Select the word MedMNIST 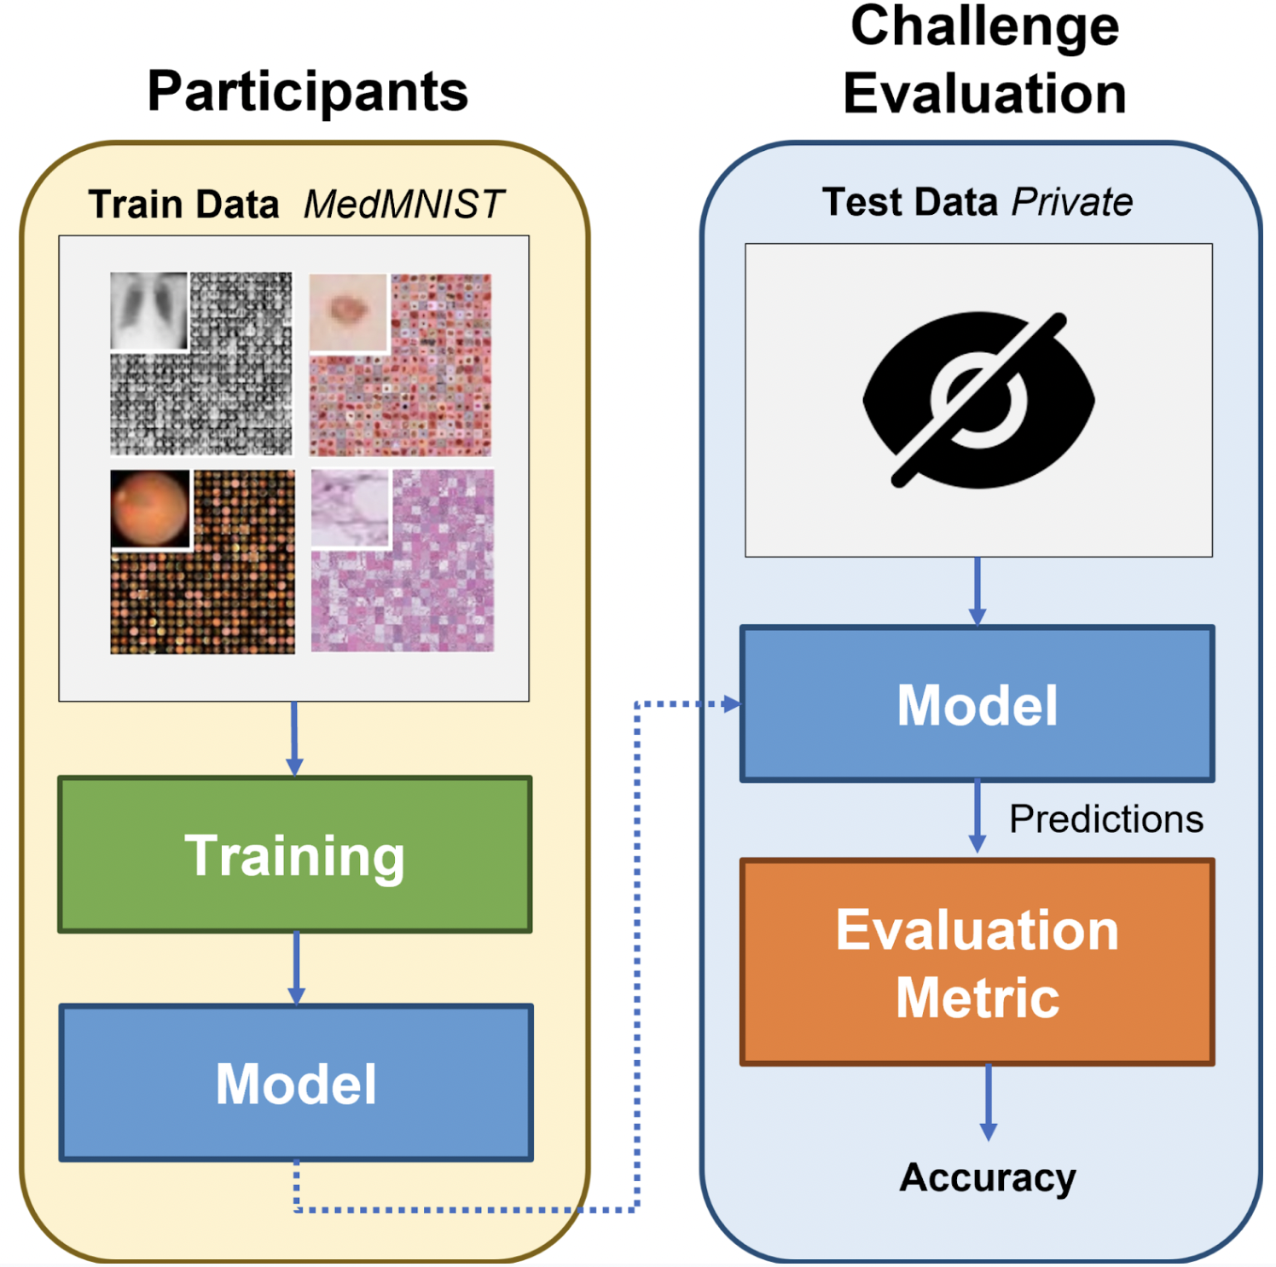404,205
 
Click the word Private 1072,203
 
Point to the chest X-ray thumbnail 149,311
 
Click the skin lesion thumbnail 348,313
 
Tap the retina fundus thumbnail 150,509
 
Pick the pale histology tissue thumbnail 351,508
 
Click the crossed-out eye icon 978,400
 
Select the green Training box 295,854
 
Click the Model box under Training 296,1083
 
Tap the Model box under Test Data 977,704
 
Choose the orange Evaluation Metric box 977,963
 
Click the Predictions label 1106,819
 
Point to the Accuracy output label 988,1178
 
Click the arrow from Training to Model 296,969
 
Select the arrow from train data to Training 294,739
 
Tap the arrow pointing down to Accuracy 989,1103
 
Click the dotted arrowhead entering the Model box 732,704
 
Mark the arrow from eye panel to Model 977,592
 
